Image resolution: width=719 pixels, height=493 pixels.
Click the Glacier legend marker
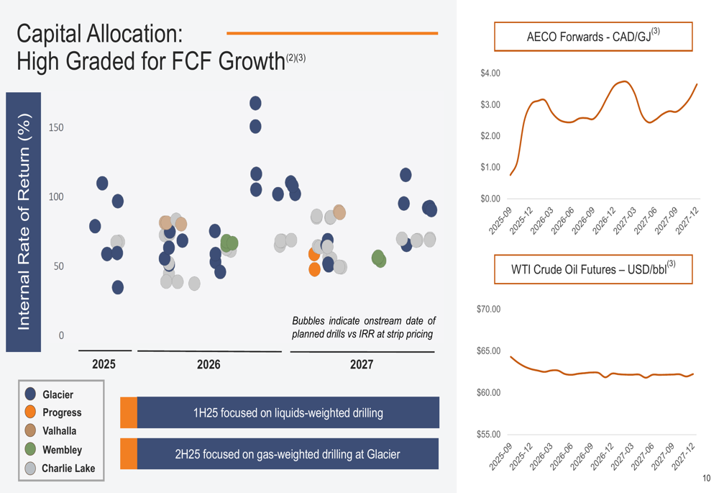click(x=30, y=394)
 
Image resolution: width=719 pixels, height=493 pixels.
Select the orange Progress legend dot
click(x=30, y=412)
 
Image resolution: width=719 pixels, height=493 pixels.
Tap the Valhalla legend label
click(x=59, y=431)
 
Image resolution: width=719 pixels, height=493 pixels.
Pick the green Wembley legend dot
click(x=30, y=450)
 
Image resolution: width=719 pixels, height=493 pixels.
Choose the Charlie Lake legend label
click(x=68, y=469)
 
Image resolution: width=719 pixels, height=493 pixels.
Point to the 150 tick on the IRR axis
click(x=56, y=127)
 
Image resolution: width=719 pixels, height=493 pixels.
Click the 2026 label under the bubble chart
click(x=209, y=365)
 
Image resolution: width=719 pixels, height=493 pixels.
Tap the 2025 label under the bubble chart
click(x=104, y=365)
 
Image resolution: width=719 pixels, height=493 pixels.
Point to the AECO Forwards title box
click(x=593, y=36)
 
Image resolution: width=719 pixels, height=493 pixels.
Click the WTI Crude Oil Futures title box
click(x=593, y=270)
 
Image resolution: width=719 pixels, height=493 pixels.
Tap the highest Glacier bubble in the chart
click(x=255, y=104)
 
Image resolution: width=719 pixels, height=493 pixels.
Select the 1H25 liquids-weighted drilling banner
click(x=288, y=413)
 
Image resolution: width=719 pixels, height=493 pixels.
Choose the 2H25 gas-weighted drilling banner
click(x=288, y=454)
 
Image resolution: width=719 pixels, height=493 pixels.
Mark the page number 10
click(x=706, y=479)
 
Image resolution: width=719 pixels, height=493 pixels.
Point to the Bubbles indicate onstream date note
click(x=363, y=327)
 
